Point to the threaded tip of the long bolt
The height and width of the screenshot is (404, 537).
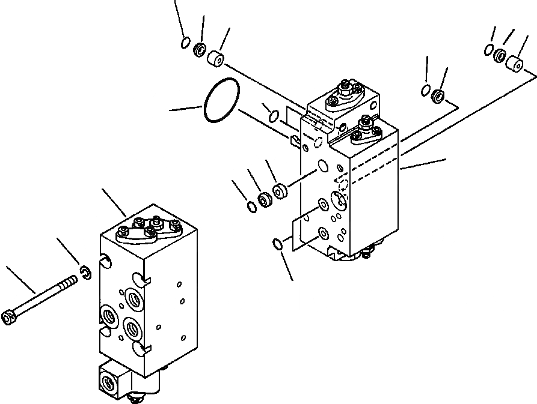click(75, 279)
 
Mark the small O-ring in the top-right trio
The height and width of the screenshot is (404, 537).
click(489, 49)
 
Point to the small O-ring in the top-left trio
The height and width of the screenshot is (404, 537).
click(186, 42)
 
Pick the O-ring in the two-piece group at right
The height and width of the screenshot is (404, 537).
click(425, 91)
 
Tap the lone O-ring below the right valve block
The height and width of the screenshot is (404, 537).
click(277, 243)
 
